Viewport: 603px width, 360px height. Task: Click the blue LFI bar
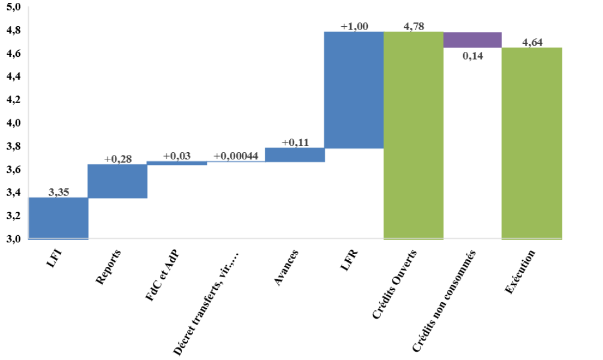[59, 218]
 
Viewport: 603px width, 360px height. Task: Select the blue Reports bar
[118, 181]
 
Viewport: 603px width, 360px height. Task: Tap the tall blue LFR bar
[354, 90]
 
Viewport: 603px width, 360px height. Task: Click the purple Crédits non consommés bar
[473, 40]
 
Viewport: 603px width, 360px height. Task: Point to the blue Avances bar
[295, 155]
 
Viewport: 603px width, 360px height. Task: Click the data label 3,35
[59, 193]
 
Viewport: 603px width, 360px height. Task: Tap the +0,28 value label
[118, 159]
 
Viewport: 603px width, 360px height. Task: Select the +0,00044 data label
[236, 156]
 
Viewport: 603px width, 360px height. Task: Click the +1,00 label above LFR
[354, 26]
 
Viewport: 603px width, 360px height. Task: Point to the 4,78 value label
[414, 26]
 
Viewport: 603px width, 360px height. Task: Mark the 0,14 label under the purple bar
[473, 55]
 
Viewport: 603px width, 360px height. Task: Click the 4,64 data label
[532, 42]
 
